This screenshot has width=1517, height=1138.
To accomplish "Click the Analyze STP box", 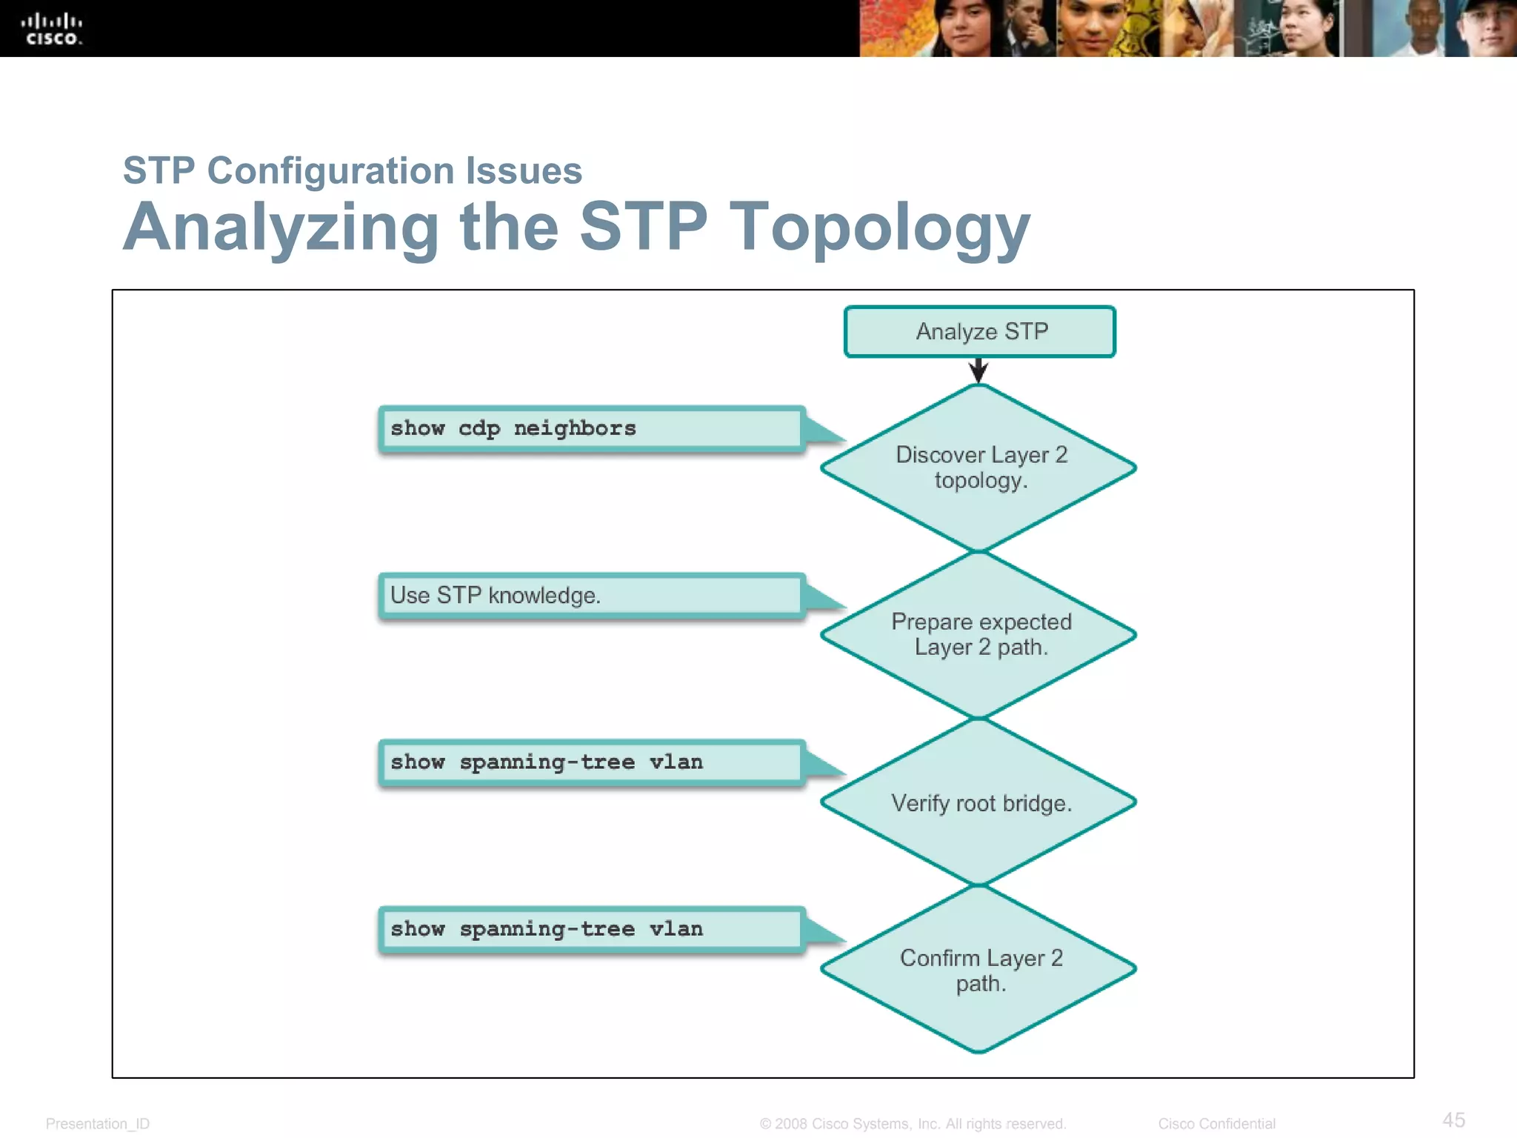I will [x=979, y=331].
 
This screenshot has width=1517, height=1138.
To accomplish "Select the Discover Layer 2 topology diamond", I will [x=979, y=467].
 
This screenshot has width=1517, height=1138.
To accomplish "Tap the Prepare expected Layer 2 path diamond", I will [x=979, y=635].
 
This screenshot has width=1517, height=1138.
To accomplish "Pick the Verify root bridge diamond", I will [x=979, y=802].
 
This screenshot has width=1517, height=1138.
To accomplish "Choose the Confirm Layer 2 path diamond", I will [x=979, y=970].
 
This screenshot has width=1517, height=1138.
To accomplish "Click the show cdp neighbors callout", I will [x=591, y=429].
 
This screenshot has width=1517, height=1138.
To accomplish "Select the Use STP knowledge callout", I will [x=591, y=596].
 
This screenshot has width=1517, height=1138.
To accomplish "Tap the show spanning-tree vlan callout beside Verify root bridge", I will [x=591, y=762].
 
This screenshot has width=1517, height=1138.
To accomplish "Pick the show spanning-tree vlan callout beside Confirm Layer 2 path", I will [x=591, y=929].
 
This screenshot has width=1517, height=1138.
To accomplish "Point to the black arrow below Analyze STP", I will [x=978, y=370].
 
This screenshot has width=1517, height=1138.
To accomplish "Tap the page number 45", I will [x=1453, y=1119].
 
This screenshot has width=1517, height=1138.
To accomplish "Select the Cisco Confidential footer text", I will [x=1216, y=1124].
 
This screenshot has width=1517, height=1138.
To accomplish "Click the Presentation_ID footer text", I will [x=98, y=1124].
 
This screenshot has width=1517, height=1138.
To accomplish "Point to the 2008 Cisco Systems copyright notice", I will [x=913, y=1124].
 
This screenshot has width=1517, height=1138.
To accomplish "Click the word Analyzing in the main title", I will [x=281, y=228].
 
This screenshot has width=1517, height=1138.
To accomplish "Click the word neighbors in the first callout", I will [x=575, y=429].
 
